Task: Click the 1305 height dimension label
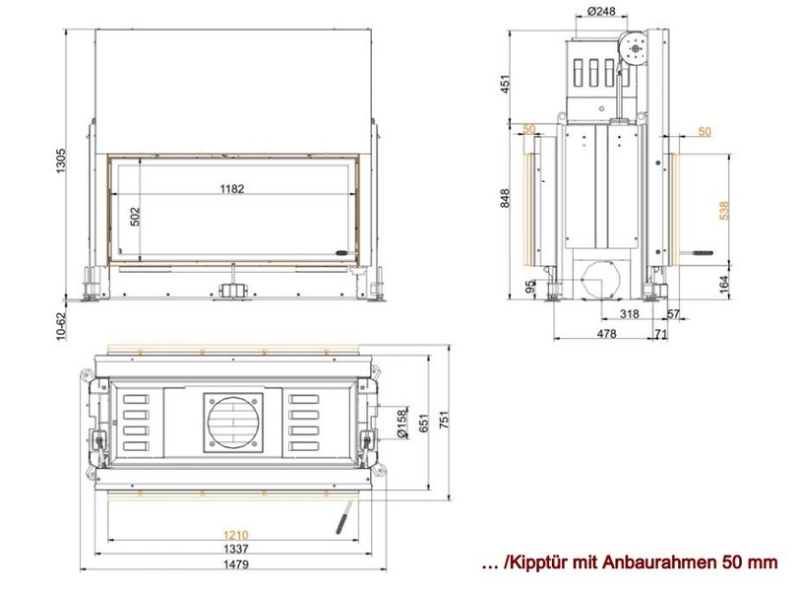(x=61, y=161)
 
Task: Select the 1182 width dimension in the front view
(x=232, y=189)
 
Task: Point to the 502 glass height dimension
(x=135, y=216)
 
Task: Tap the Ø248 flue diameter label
(x=601, y=11)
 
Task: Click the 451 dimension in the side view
(x=505, y=85)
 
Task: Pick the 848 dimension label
(x=505, y=198)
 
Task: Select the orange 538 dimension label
(x=724, y=211)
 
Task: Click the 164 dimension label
(x=724, y=285)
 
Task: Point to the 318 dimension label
(x=629, y=313)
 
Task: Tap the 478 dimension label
(x=606, y=334)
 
